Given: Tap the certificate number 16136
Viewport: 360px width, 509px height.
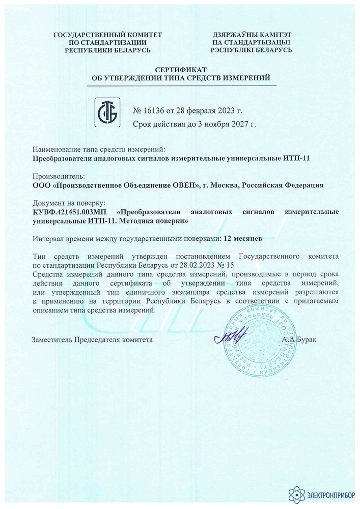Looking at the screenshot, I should click(154, 110).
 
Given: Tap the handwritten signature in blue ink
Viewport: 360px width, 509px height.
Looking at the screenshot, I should click(229, 336).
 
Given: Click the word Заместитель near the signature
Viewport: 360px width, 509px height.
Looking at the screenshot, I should click(52, 339).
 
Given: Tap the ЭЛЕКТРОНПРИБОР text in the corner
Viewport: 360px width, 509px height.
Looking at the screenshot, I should click(329, 493).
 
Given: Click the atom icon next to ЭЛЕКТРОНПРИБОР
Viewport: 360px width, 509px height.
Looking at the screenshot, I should click(296, 492).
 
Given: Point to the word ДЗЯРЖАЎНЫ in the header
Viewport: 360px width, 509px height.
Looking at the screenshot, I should click(233, 34).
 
